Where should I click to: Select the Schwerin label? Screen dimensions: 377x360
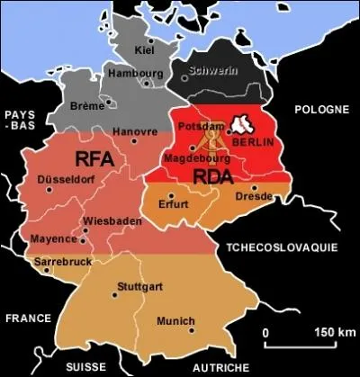click(212, 68)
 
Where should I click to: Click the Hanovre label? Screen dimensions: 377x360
click(135, 131)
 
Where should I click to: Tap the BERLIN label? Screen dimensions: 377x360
click(252, 142)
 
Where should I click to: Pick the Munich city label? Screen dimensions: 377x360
click(175, 320)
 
